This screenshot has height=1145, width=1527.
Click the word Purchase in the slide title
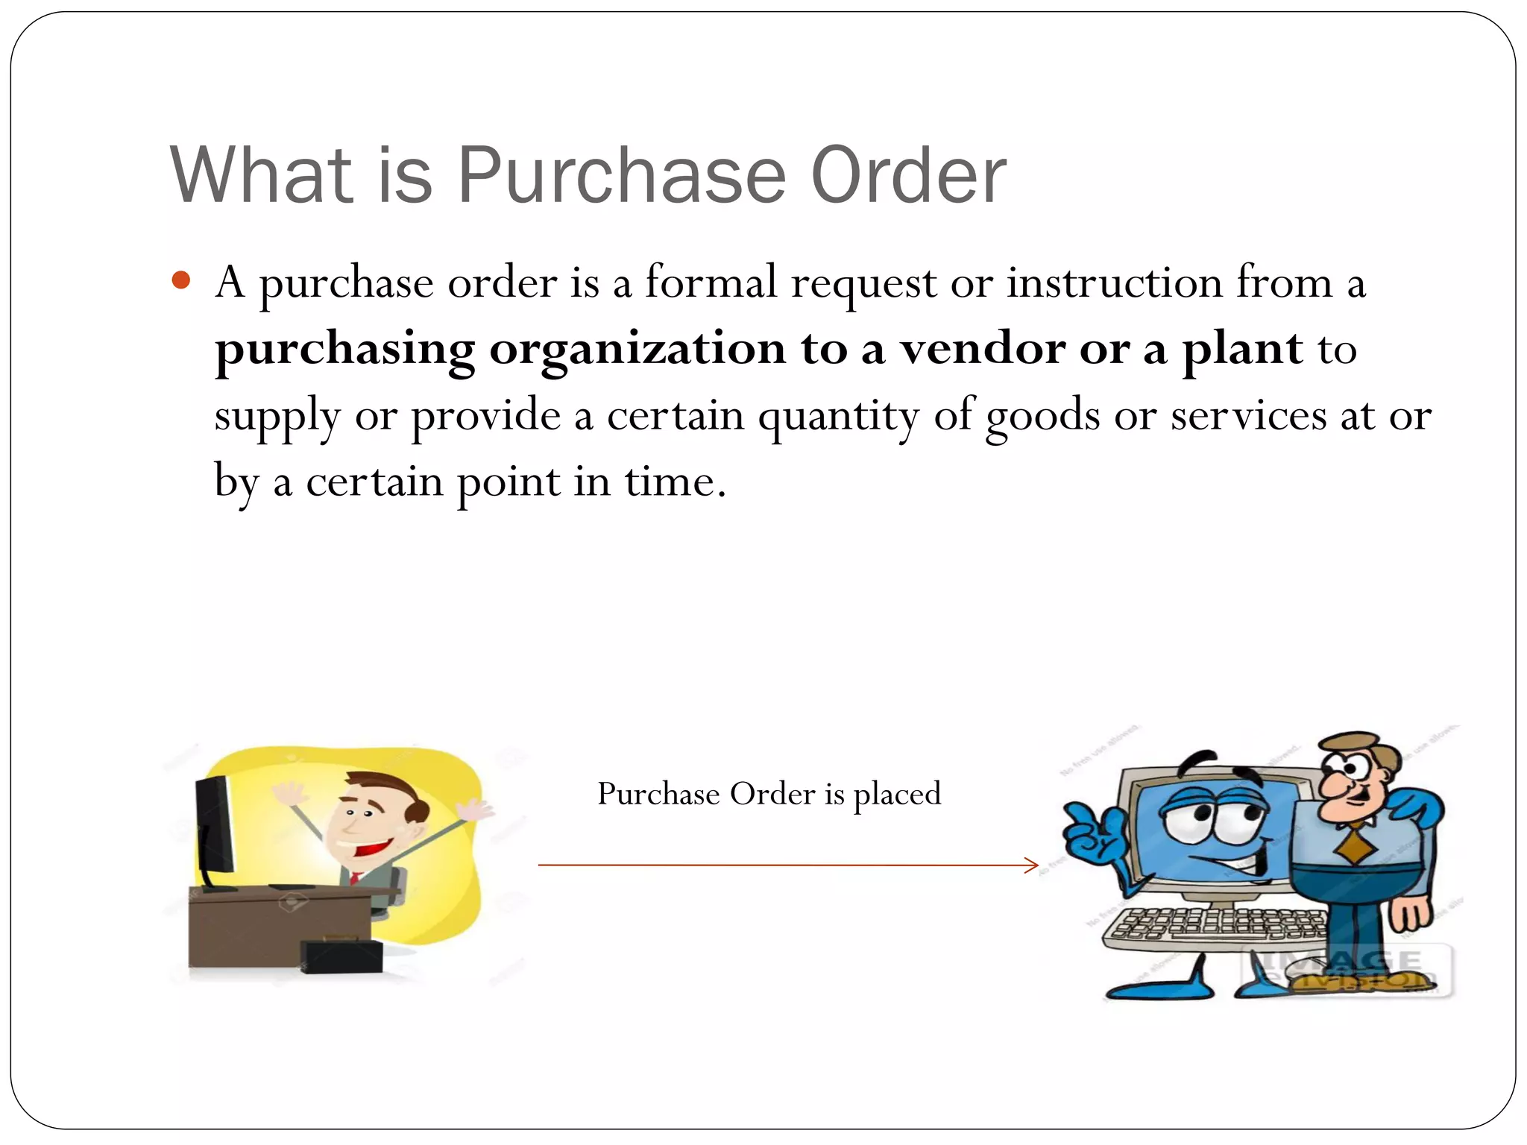621,175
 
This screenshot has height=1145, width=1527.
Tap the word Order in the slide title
908,175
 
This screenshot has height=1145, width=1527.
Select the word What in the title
260,175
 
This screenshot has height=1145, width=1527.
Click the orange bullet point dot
181,280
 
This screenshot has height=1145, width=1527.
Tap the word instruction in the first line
1115,283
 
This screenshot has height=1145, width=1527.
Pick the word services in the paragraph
1248,416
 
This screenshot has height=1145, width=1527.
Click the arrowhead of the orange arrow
1033,865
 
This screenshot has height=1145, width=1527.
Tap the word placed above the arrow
897,795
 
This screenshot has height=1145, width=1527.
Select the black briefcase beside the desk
341,956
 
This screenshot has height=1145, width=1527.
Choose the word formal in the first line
711,283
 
